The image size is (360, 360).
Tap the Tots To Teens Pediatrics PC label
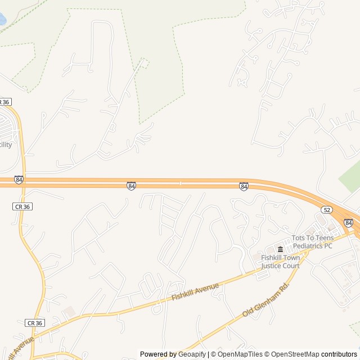(x=312, y=242)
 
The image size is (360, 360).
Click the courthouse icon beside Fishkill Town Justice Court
(x=280, y=249)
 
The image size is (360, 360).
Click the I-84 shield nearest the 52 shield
(x=348, y=223)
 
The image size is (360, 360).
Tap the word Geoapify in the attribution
(x=192, y=354)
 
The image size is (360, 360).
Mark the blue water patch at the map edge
(x=2, y=20)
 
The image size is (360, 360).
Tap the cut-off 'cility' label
(x=5, y=145)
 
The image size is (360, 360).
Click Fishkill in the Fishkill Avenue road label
(x=182, y=294)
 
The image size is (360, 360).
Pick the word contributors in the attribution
(x=339, y=354)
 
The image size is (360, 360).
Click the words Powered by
(x=158, y=354)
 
